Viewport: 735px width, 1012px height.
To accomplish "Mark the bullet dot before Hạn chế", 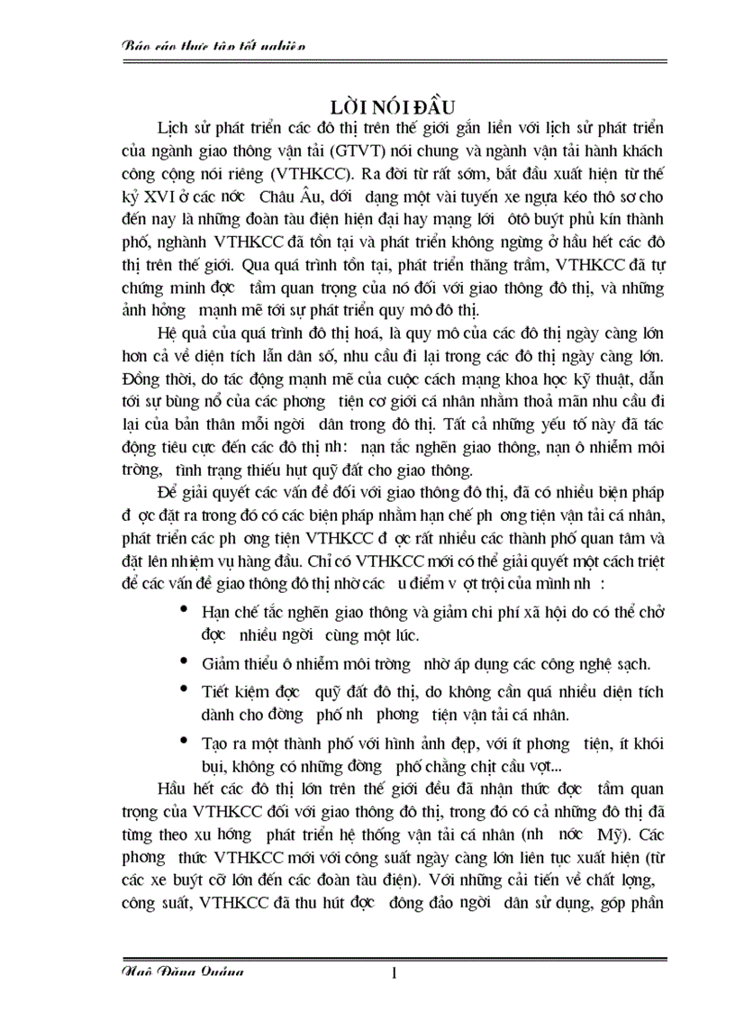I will [x=185, y=610].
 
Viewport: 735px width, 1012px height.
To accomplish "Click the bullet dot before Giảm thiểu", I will [x=185, y=663].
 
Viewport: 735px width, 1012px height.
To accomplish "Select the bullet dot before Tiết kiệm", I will [x=185, y=690].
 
